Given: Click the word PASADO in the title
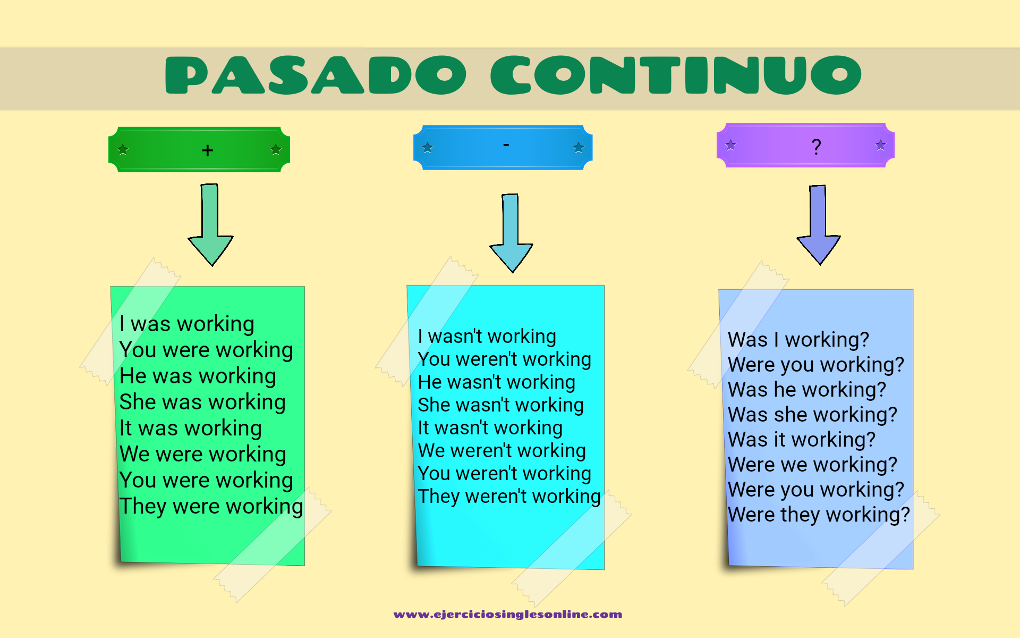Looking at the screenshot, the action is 316,75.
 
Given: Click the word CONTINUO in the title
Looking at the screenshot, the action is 676,75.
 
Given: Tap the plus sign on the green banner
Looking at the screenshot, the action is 208,150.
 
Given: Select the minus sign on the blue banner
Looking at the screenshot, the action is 506,144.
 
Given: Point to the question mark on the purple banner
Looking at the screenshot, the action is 817,146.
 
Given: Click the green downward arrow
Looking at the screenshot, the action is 211,225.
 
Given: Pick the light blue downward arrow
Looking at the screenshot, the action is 511,233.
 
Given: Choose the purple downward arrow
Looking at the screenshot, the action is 819,225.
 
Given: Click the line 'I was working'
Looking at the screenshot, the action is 187,324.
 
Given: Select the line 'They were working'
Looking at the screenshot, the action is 211,507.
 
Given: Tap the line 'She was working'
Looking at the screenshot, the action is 202,402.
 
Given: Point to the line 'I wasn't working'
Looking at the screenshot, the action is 487,337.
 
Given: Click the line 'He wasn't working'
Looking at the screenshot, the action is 497,382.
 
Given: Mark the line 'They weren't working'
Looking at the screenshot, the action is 509,497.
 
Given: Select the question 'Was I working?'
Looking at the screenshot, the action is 798,340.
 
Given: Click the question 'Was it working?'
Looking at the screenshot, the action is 802,440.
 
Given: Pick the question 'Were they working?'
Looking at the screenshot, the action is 819,515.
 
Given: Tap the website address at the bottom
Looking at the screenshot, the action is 508,615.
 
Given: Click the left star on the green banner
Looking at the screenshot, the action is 123,149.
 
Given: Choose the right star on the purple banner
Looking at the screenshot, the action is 881,145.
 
